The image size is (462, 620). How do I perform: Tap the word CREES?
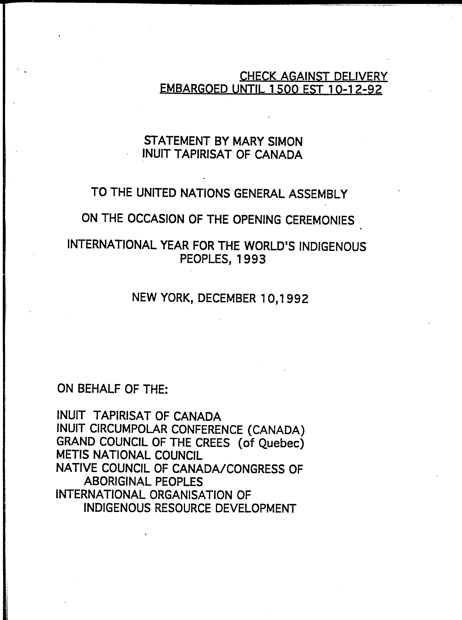pos(213,442)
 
